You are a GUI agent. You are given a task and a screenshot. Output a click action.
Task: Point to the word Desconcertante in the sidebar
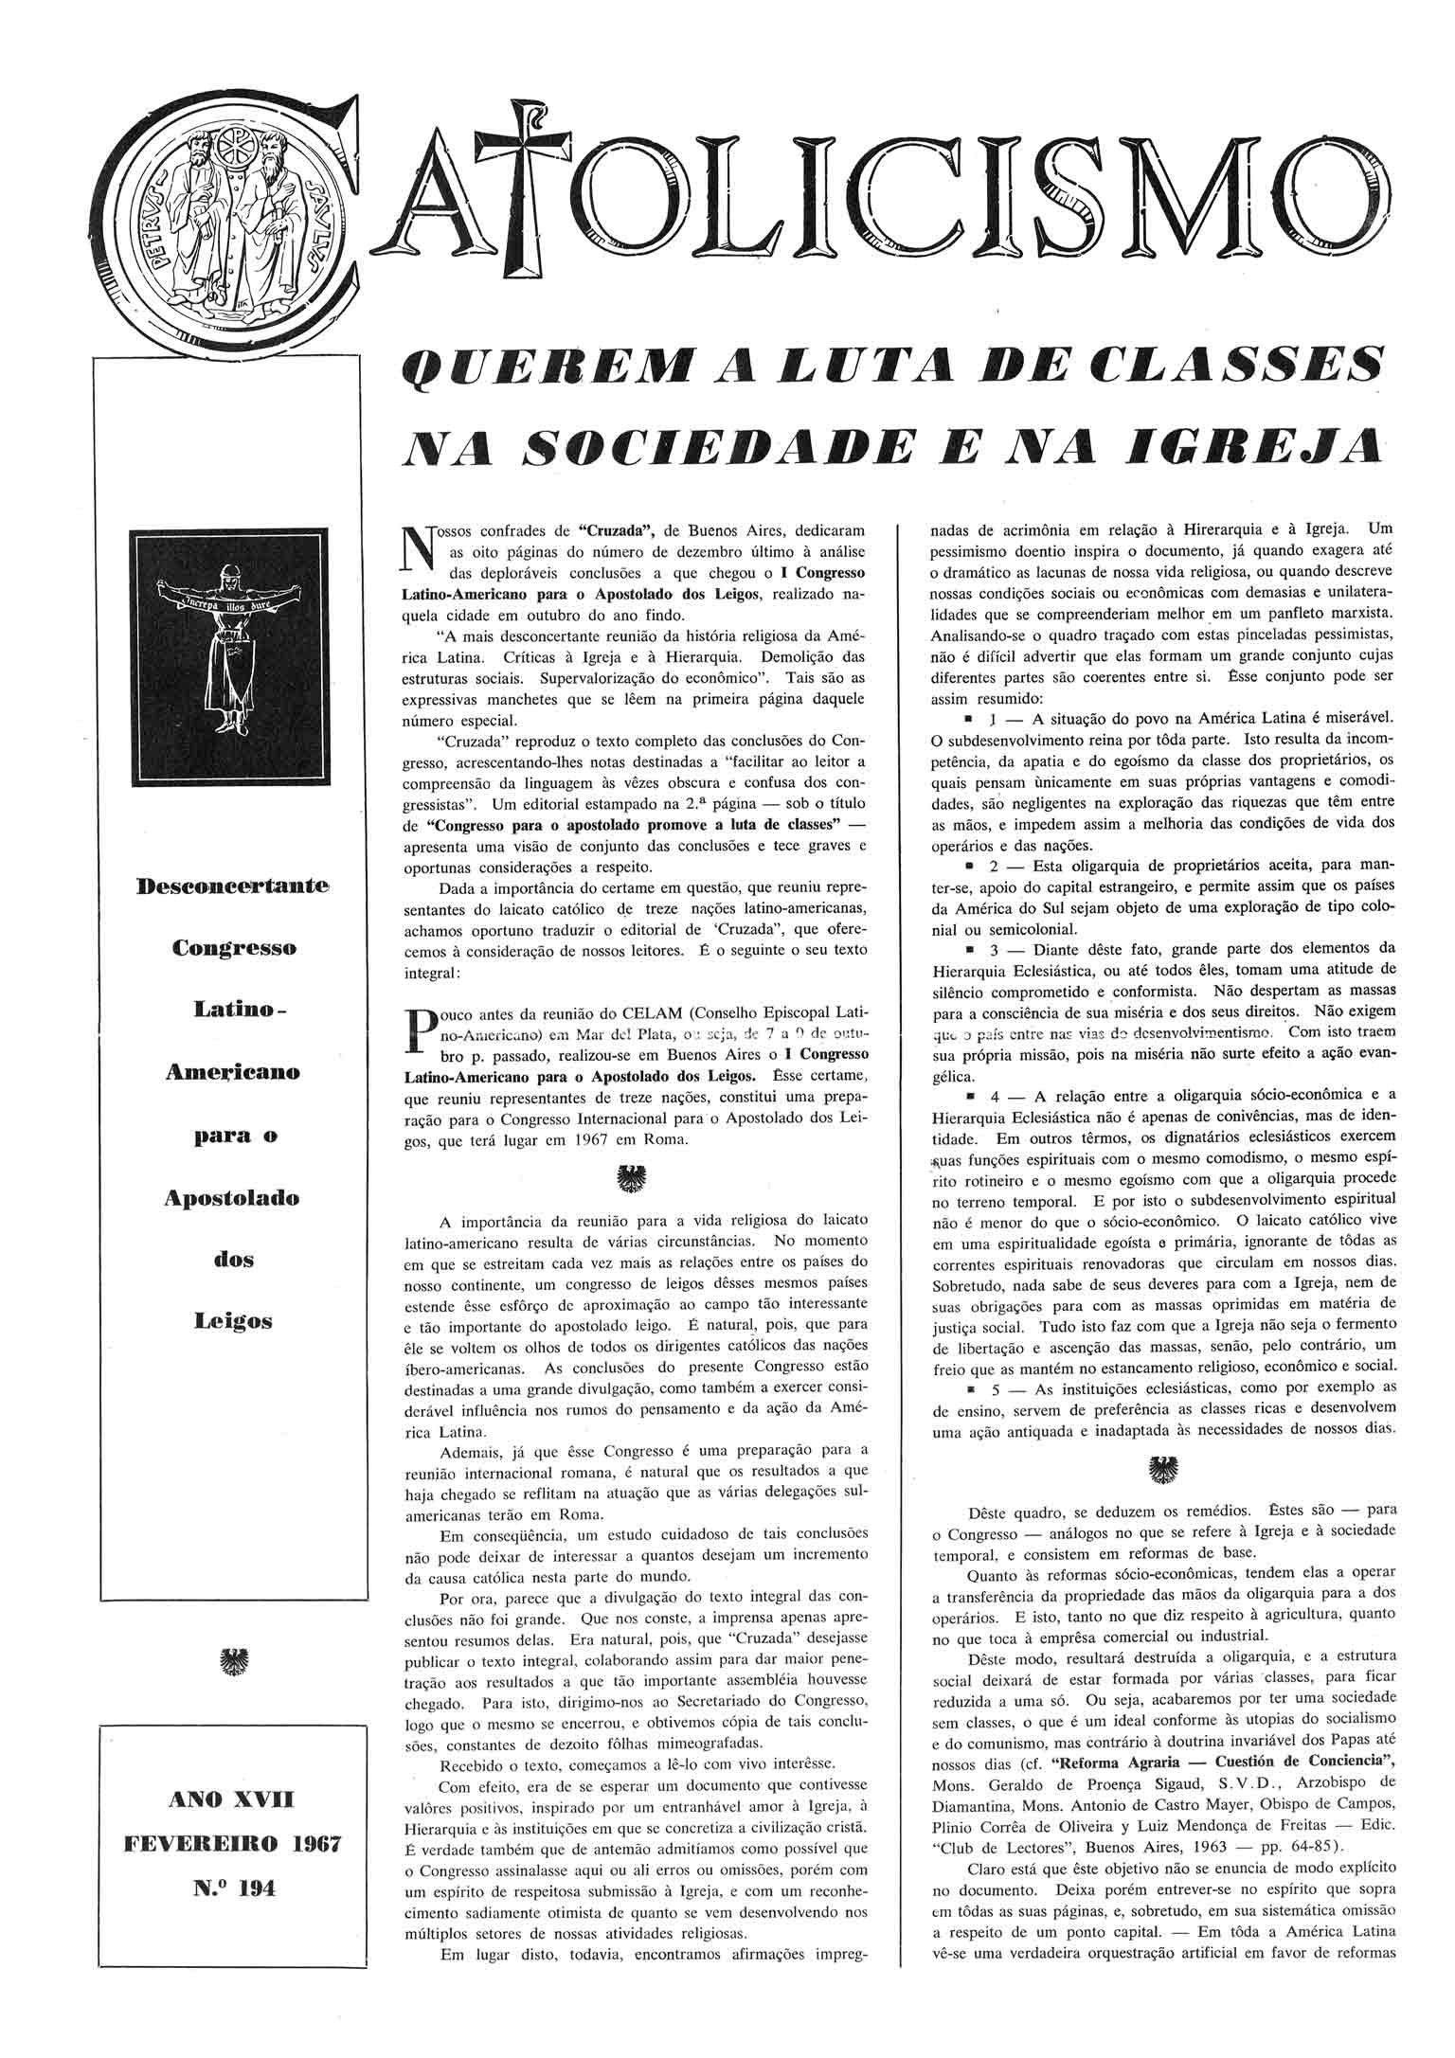coord(233,886)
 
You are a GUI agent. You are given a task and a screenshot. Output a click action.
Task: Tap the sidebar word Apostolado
coord(232,1197)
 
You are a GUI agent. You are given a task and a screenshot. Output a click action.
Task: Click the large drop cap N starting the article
coord(418,549)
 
